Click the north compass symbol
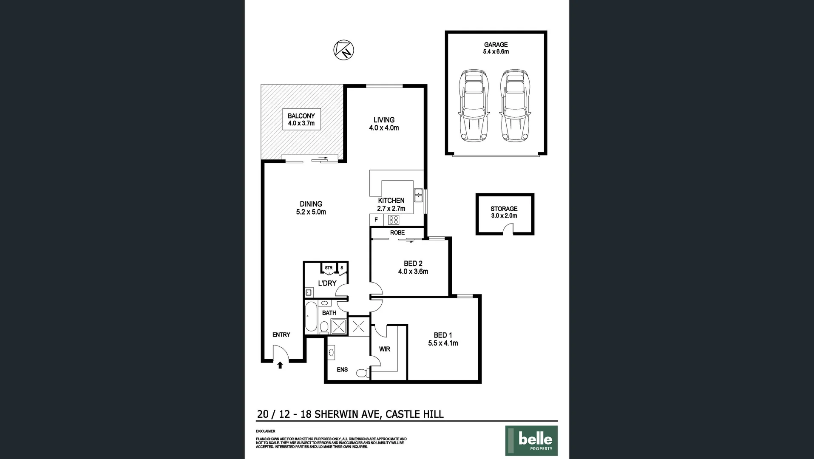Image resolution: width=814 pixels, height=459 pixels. point(343,49)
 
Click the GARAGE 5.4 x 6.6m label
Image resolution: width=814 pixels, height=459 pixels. point(496,48)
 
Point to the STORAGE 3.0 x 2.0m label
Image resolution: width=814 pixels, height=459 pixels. point(504,212)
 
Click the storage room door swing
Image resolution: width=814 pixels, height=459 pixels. point(508,230)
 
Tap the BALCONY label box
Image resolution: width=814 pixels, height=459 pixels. point(301,119)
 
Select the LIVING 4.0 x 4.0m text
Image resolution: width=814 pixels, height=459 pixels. point(384,124)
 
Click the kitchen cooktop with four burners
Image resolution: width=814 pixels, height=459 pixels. point(394,220)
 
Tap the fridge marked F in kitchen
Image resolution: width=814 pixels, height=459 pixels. point(376,220)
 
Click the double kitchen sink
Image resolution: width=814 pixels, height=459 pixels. point(418,194)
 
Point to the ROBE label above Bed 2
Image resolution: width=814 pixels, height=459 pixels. point(397,233)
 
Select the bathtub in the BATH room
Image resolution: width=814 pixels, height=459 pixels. point(311,317)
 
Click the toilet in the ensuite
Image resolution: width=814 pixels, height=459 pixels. point(362,373)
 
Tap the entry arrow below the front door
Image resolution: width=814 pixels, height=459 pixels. point(280,365)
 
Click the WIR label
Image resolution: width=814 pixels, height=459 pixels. point(385,349)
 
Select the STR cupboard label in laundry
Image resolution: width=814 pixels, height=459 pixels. point(329,268)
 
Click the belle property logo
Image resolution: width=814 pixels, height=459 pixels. point(531,440)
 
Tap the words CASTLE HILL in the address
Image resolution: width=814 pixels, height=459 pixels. point(414,414)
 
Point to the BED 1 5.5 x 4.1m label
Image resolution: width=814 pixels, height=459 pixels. point(443,339)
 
